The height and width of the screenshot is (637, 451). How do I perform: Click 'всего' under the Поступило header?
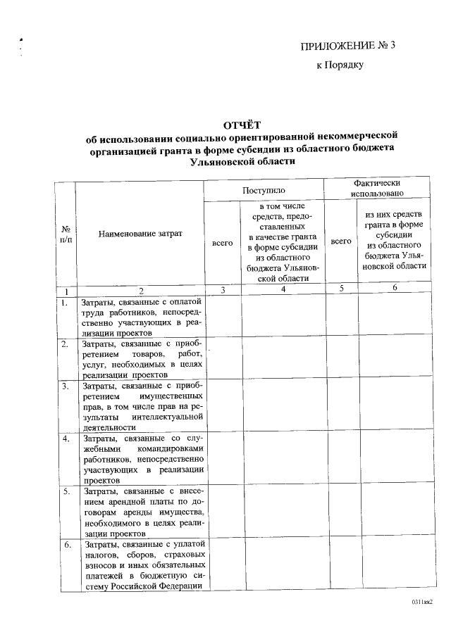pos(222,243)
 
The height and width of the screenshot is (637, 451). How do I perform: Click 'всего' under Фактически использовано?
pos(341,241)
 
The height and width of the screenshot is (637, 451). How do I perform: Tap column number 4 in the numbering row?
pos(282,289)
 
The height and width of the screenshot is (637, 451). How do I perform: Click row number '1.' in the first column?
pos(64,303)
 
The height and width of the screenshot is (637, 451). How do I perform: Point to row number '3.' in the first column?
pos(65,386)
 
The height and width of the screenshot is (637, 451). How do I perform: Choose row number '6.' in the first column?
pos(65,544)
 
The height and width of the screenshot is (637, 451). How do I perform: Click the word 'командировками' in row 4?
pos(171,449)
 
